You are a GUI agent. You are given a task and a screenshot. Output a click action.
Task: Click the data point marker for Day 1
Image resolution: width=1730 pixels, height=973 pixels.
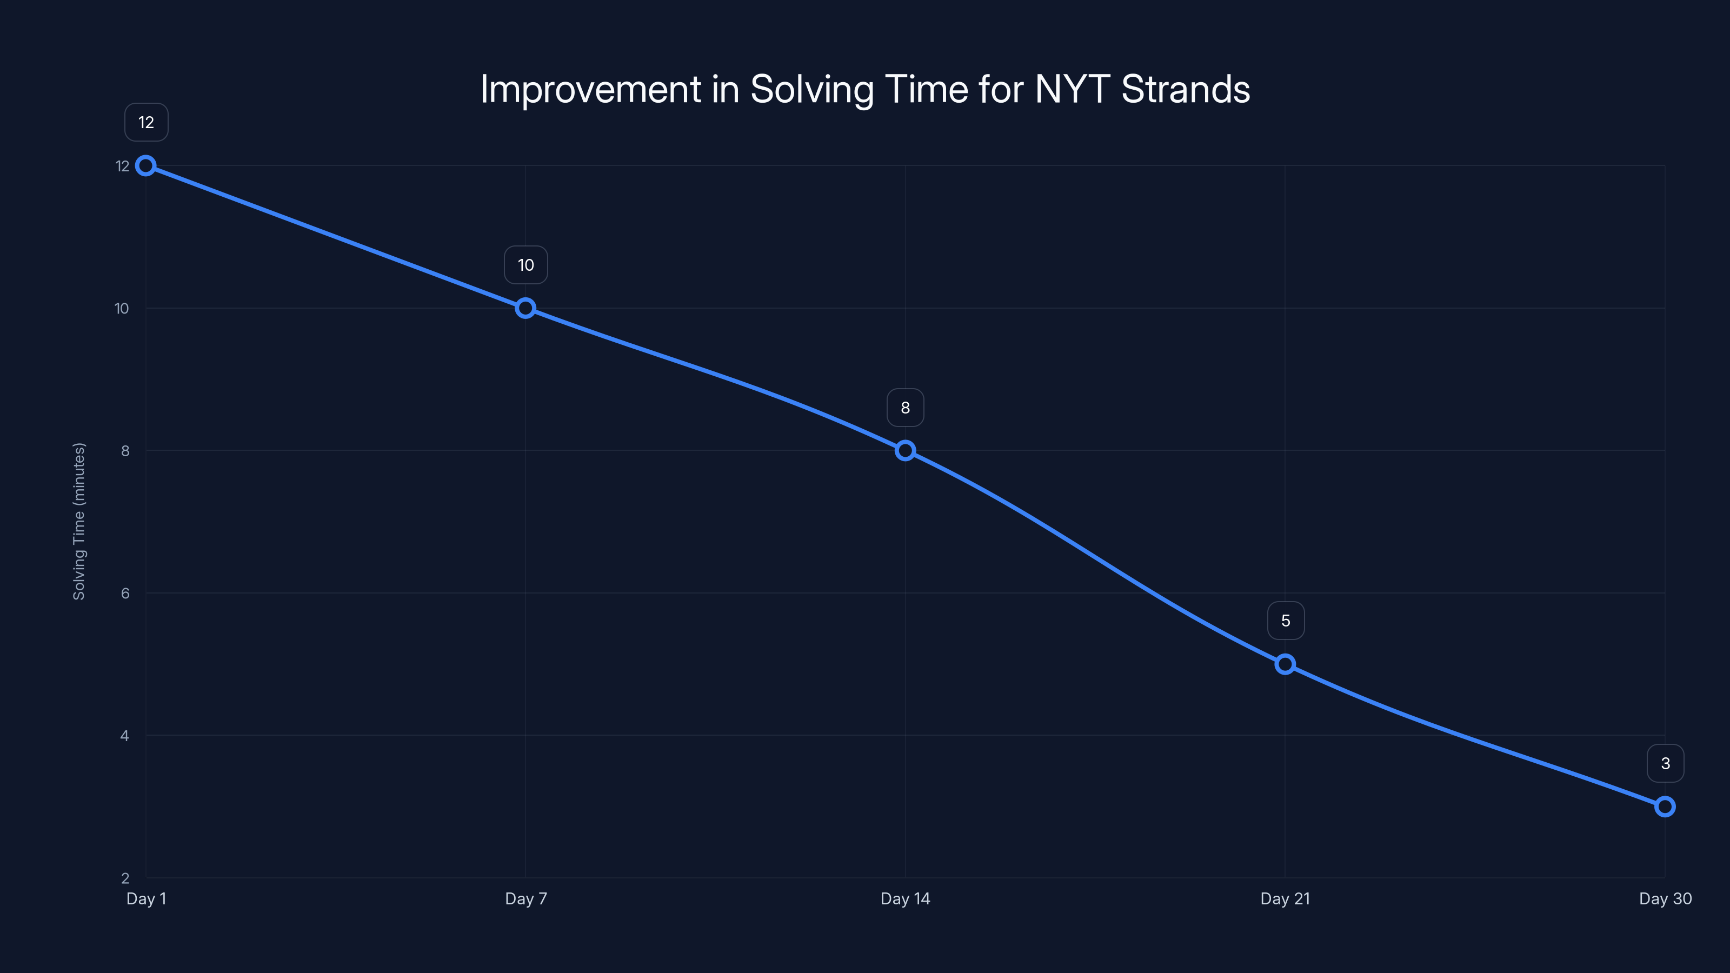[146, 166]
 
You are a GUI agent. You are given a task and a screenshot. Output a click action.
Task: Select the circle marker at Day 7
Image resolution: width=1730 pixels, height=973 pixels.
[525, 308]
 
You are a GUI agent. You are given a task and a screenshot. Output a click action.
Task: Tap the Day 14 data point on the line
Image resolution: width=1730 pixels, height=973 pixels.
[906, 451]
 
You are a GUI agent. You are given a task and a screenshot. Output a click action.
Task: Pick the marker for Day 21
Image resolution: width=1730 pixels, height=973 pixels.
[1285, 664]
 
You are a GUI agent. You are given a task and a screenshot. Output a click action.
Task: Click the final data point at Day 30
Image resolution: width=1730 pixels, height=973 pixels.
[1665, 807]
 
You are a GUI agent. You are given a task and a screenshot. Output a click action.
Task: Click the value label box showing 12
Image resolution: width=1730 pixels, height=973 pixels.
[147, 122]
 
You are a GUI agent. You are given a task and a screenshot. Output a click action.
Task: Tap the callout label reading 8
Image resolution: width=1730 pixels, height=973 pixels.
[906, 408]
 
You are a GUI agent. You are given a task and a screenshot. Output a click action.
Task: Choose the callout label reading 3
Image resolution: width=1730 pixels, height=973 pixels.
[1666, 763]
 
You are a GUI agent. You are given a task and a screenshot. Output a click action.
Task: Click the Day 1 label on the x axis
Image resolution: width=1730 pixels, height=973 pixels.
[147, 898]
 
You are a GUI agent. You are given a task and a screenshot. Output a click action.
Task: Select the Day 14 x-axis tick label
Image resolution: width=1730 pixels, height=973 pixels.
[906, 898]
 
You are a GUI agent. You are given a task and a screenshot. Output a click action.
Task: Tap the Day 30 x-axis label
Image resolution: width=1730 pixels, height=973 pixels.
[1665, 898]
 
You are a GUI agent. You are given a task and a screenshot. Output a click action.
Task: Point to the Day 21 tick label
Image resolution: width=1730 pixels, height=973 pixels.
[1285, 898]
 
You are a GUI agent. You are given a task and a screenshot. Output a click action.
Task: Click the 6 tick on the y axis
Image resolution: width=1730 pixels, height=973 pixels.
[125, 593]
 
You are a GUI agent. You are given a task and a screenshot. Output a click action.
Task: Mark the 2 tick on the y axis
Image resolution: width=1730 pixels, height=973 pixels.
[125, 878]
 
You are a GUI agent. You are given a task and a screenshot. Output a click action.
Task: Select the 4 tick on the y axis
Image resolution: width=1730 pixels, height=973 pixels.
[125, 735]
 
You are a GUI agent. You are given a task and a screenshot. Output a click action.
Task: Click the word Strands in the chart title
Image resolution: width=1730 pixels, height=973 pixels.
[1186, 89]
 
